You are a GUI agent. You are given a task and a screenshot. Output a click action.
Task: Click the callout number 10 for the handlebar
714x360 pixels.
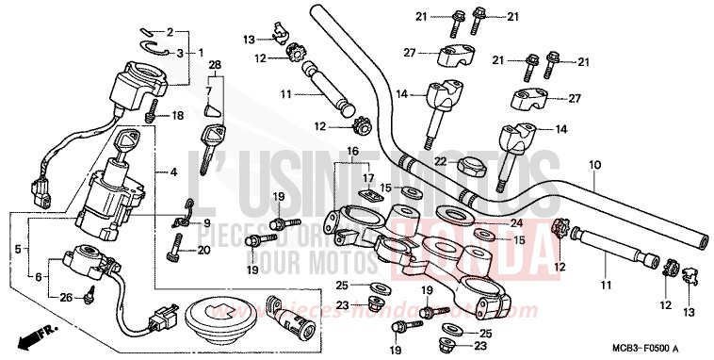pos(594,164)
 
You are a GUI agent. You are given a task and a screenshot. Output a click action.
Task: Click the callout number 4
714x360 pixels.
pos(173,172)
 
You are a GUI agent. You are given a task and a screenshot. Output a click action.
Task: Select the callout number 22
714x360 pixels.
pos(439,163)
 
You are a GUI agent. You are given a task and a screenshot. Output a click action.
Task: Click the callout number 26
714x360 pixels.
pos(65,298)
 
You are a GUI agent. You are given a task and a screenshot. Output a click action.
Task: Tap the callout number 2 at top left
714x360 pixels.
pos(170,32)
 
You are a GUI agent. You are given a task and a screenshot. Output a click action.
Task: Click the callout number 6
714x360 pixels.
pos(40,277)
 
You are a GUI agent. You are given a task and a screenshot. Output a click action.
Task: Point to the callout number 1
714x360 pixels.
pos(199,52)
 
